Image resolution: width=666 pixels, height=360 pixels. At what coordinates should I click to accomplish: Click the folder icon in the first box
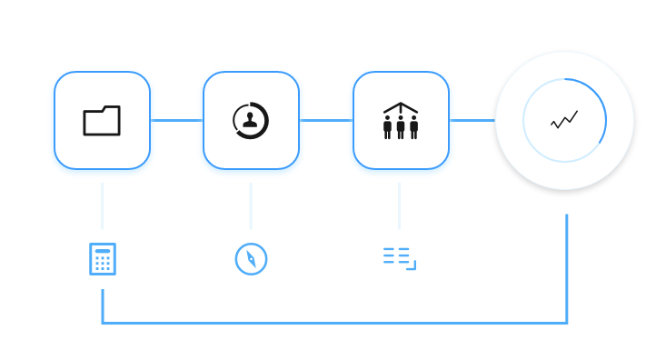[102, 121]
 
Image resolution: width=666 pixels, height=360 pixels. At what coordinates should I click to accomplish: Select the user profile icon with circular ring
[251, 121]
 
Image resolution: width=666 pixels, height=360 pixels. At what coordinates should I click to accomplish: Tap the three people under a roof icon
[401, 121]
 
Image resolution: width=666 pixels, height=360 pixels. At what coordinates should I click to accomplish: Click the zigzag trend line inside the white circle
[564, 120]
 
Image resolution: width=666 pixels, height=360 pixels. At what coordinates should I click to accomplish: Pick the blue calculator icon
[103, 259]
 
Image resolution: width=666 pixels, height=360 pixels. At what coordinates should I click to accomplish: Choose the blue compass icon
[251, 259]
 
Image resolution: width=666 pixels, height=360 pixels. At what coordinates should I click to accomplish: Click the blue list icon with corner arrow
[399, 258]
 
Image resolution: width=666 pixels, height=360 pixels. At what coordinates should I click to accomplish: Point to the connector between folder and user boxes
[176, 120]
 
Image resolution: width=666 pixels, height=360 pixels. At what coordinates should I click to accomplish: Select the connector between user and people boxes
[325, 120]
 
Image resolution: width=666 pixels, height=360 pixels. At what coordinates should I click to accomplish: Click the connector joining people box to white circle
[472, 120]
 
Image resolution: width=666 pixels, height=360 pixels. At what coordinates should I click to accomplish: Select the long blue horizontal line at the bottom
[336, 323]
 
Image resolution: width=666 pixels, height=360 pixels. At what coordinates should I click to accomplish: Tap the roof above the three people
[401, 107]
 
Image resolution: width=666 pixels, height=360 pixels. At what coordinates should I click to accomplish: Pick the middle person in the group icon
[401, 125]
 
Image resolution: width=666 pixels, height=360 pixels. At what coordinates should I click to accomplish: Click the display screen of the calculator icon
[103, 250]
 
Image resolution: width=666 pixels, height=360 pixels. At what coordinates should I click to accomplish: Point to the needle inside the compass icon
[252, 259]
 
